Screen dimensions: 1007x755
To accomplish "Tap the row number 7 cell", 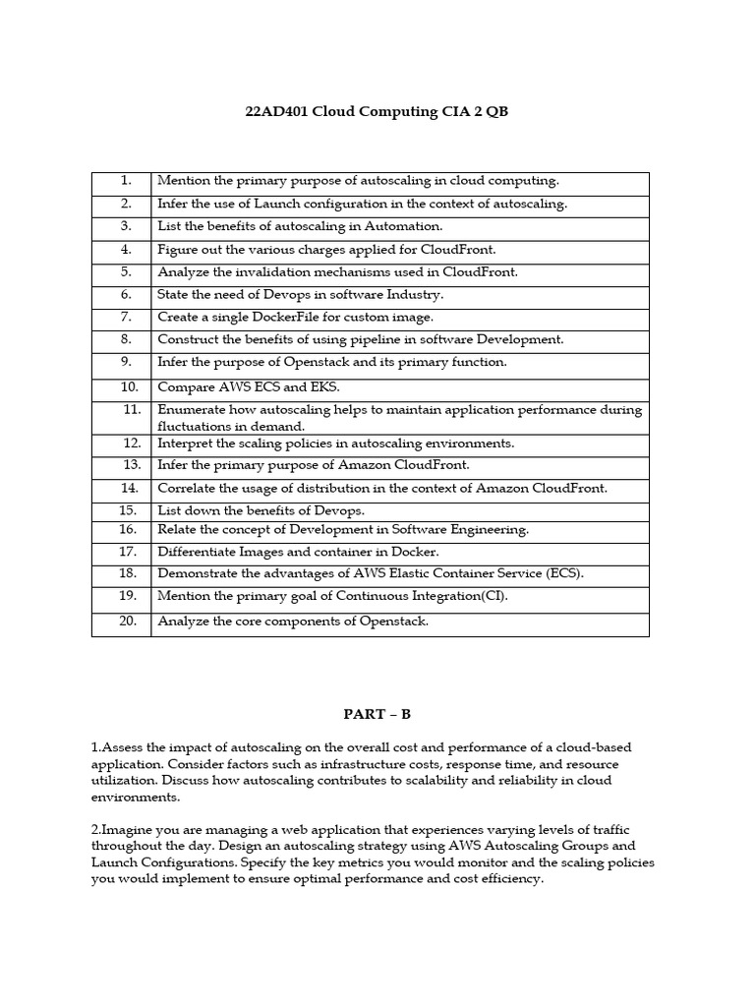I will click(126, 317).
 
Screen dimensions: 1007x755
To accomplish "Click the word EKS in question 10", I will click(312, 387).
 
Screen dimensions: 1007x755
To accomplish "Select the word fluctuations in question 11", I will click(193, 426).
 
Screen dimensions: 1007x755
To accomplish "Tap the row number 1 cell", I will click(126, 181).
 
